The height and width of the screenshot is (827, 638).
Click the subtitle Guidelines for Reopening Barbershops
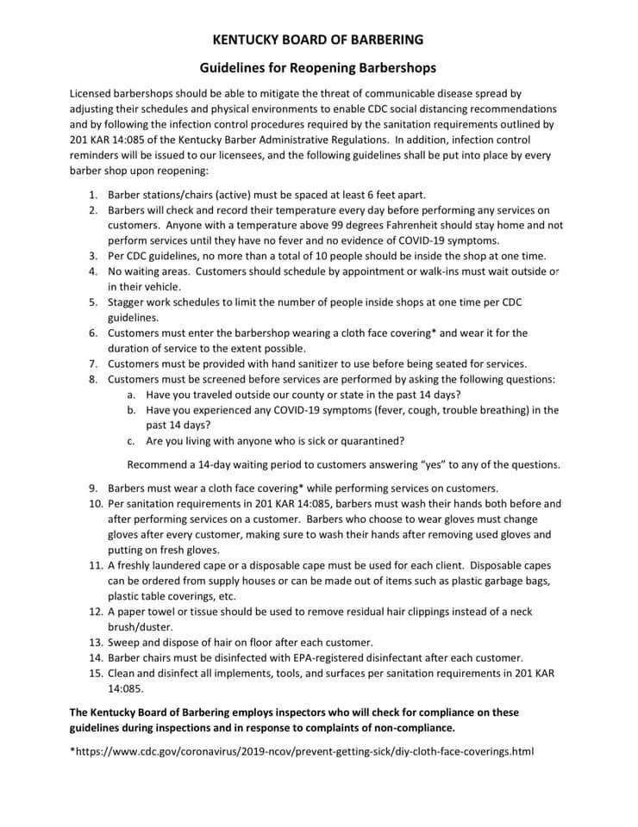click(x=318, y=66)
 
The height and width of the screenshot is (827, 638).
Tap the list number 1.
click(x=92, y=195)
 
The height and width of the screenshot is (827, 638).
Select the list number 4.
click(x=92, y=271)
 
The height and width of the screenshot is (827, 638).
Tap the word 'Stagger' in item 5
click(x=127, y=302)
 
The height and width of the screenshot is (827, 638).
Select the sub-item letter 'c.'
click(x=131, y=441)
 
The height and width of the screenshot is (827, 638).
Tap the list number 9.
click(x=92, y=488)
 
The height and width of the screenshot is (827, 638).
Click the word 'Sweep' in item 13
click(x=125, y=643)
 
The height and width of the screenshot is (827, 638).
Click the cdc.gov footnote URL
click(x=302, y=751)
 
